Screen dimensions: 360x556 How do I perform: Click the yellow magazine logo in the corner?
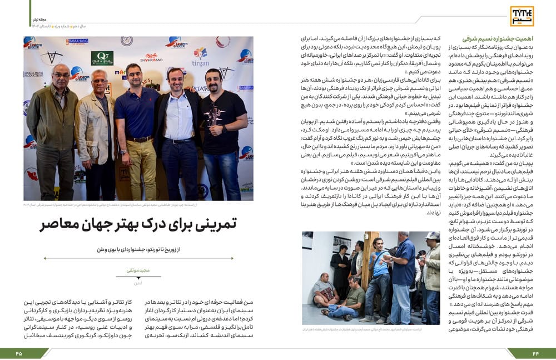click(522, 16)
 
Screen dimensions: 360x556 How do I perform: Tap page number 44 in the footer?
click(535, 353)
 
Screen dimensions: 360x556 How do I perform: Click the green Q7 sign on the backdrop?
click(102, 57)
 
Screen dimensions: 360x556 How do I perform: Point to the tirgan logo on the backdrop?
click(200, 58)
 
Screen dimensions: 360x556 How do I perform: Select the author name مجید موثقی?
click(138, 270)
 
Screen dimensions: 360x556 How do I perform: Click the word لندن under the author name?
click(138, 283)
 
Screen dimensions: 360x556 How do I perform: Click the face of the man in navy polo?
click(134, 75)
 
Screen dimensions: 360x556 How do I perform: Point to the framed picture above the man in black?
click(341, 244)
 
